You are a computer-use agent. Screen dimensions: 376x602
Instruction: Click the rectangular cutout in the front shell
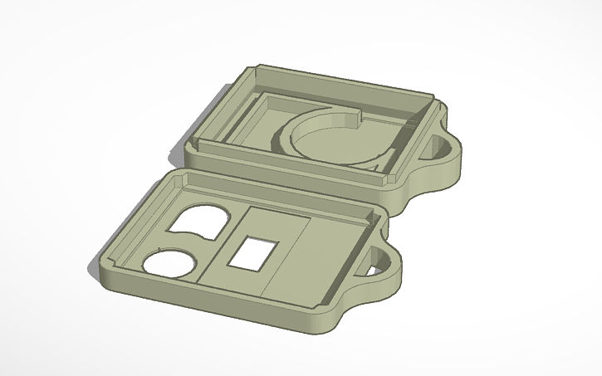coord(251,252)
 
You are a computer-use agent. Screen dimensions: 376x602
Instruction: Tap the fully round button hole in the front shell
coord(170,263)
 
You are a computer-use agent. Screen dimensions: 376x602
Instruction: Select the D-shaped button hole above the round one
coord(197,220)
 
